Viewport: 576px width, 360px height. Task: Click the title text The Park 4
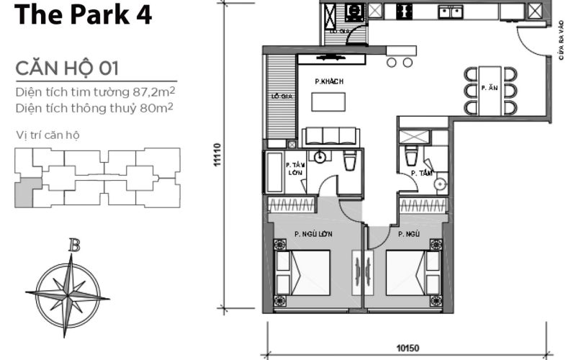[84, 16]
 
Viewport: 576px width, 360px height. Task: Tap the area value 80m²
[159, 108]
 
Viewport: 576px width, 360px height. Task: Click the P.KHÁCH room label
[328, 82]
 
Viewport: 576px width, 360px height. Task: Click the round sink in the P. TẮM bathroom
[440, 184]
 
